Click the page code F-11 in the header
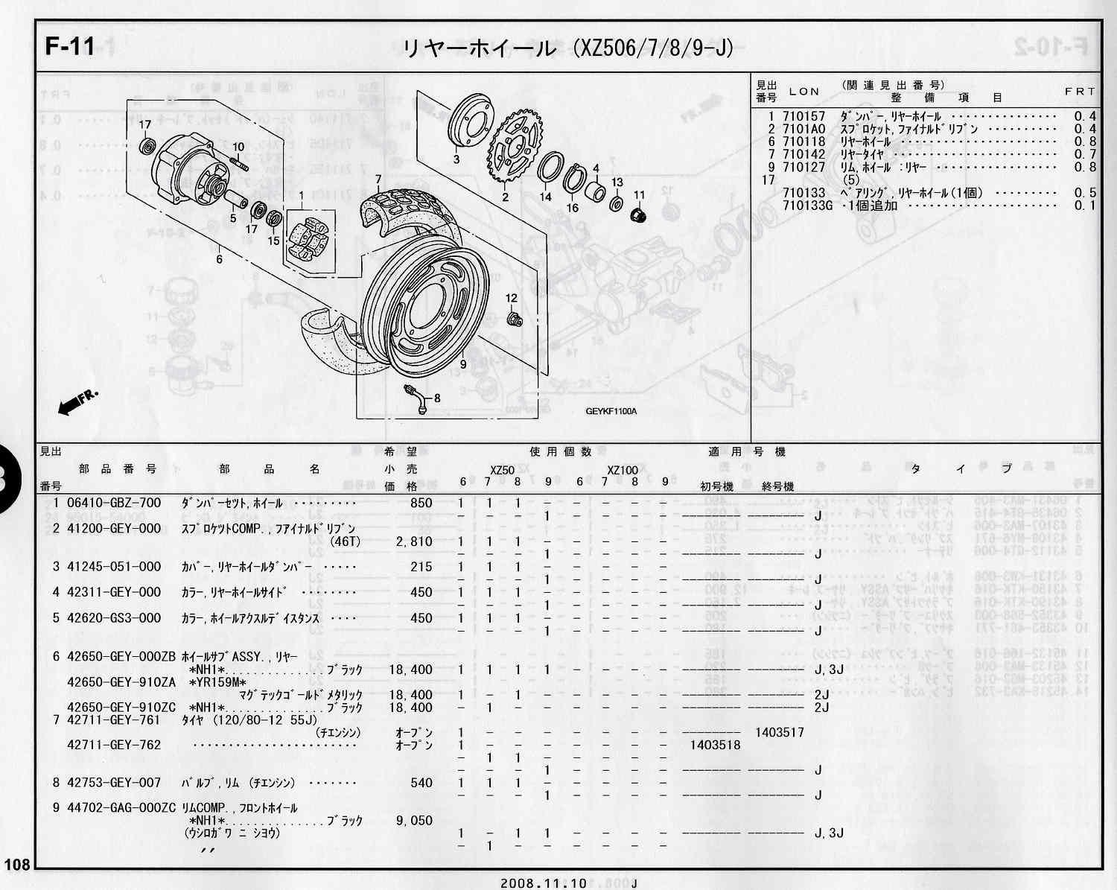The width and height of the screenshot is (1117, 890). (x=69, y=46)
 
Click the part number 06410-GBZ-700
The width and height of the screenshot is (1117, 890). (x=113, y=503)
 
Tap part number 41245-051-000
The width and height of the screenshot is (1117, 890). (x=113, y=567)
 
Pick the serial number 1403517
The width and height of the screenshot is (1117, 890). (x=779, y=732)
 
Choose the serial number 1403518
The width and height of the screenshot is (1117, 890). (x=715, y=745)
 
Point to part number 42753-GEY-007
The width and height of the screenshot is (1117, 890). (x=113, y=783)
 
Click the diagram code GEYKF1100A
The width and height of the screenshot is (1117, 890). (x=611, y=411)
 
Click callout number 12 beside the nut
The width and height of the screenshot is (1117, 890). (x=511, y=299)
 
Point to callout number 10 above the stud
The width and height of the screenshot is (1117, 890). (x=238, y=147)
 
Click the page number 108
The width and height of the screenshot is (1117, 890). (x=16, y=865)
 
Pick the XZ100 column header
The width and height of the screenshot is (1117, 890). (x=622, y=470)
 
